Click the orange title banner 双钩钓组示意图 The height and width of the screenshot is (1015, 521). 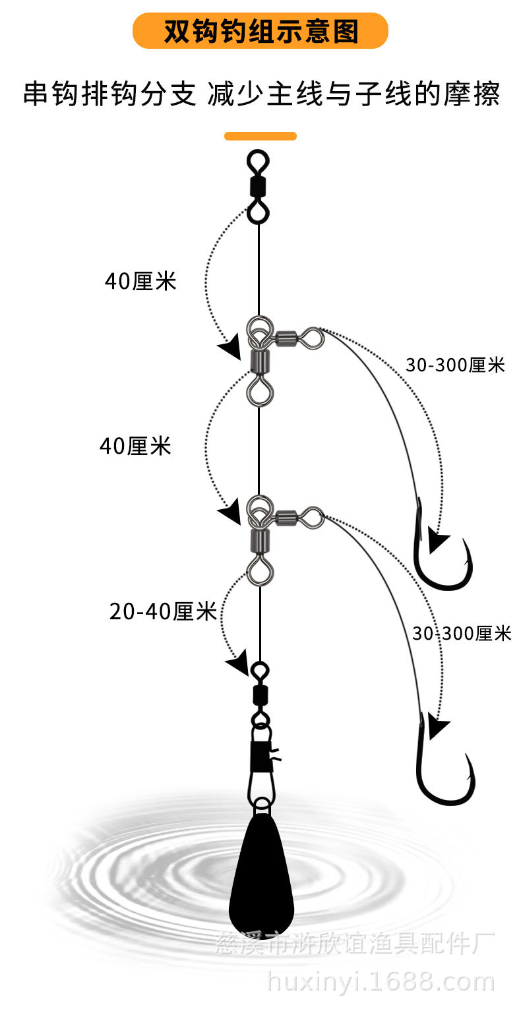coord(260,30)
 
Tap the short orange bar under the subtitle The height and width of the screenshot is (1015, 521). coord(260,136)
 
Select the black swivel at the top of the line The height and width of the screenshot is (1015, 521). coord(257,186)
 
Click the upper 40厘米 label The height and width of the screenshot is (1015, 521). coord(140,282)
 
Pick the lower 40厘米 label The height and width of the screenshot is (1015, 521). coord(135,446)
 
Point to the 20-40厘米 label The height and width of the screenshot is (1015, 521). coord(163,612)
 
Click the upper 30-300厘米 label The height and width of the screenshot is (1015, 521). coord(454,365)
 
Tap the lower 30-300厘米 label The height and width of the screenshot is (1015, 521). coord(462,633)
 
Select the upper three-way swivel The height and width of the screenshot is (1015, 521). coord(270,350)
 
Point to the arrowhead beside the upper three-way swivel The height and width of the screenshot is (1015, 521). coord(231,348)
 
